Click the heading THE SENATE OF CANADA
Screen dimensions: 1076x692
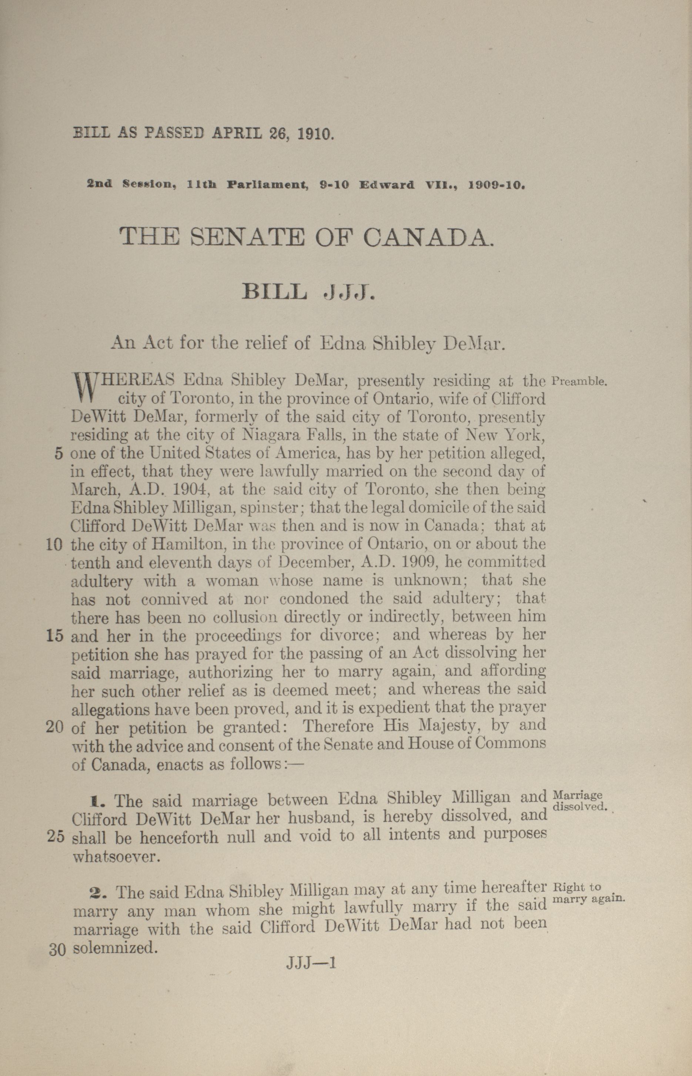click(x=307, y=237)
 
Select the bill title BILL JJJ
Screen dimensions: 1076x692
click(x=308, y=293)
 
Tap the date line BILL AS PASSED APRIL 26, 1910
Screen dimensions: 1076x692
click(x=204, y=134)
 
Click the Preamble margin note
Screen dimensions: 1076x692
click(x=579, y=382)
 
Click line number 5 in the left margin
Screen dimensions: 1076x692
click(x=58, y=454)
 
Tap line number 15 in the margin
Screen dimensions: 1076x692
click(x=54, y=636)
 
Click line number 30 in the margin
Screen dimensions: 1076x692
click(x=57, y=950)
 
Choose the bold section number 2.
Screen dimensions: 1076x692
click(x=96, y=892)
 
